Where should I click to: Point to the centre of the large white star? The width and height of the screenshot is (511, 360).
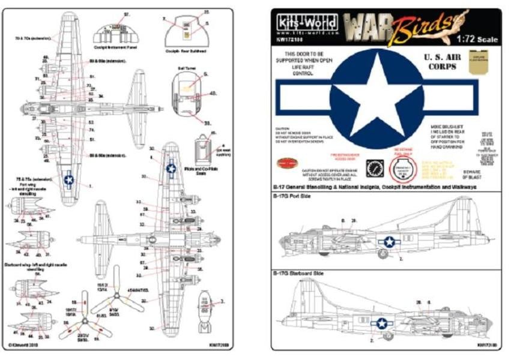point(376,99)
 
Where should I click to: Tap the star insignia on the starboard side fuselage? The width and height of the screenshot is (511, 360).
point(381,324)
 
